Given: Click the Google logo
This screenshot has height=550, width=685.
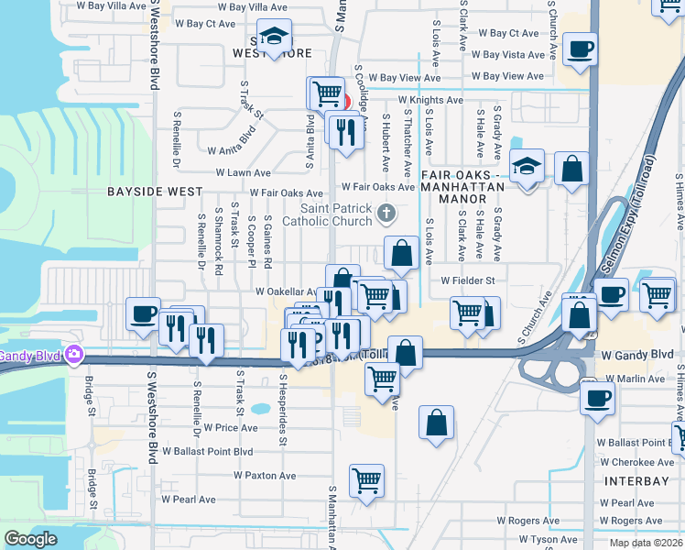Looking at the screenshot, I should click(30, 539).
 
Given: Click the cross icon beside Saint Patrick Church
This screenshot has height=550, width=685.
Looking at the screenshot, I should click(386, 214).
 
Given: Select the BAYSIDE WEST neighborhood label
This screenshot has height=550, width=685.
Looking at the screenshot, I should click(155, 192).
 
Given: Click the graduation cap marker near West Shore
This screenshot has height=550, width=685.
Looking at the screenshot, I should click(273, 37).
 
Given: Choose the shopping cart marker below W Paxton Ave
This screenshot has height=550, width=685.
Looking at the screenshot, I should click(366, 478).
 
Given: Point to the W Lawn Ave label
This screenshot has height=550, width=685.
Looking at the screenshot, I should click(243, 172).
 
